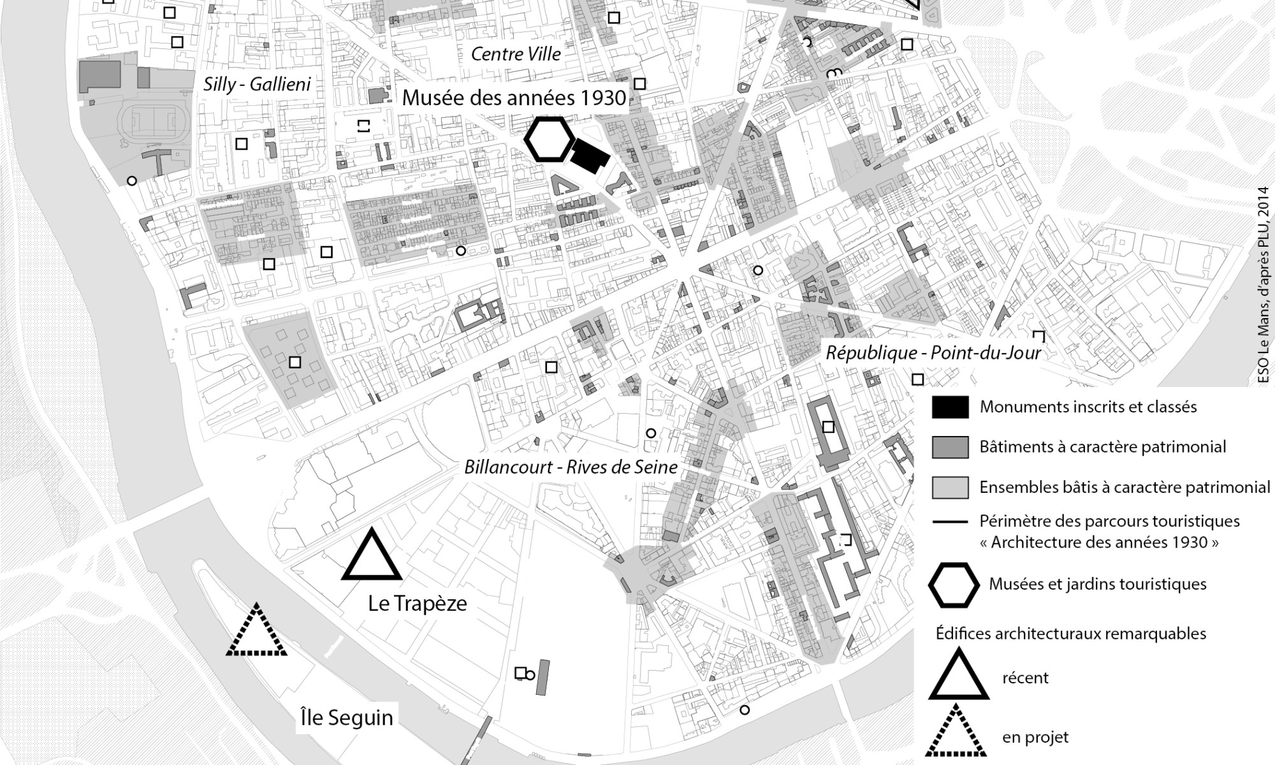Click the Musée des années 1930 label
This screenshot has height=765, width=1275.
click(x=514, y=98)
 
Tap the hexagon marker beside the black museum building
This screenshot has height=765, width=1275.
click(x=548, y=139)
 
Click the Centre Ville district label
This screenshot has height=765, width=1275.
click(x=516, y=54)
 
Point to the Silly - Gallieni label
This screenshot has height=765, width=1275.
click(x=257, y=84)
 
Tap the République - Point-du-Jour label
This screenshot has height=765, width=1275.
click(x=933, y=353)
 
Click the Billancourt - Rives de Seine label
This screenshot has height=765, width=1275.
click(x=571, y=467)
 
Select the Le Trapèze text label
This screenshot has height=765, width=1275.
click(x=418, y=603)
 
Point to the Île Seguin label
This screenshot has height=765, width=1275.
click(x=347, y=717)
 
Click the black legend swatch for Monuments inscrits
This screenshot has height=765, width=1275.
click(x=950, y=407)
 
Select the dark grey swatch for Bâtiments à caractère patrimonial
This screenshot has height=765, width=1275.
click(x=950, y=447)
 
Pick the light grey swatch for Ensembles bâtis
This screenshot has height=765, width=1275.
click(x=950, y=487)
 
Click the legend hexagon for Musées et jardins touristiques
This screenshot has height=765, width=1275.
click(x=954, y=585)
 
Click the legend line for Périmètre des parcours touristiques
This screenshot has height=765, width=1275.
click(x=950, y=522)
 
